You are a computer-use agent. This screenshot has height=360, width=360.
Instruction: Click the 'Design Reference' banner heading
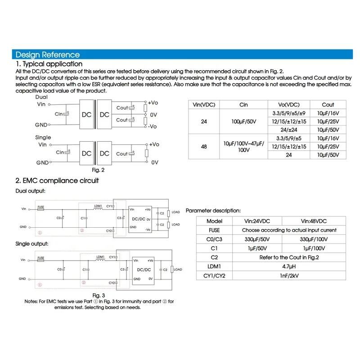48,55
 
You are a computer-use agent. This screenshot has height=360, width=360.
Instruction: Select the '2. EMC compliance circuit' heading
57,180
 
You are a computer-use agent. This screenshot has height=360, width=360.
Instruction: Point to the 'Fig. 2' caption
98,170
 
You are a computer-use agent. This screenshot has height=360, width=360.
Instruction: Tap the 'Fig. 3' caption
98,295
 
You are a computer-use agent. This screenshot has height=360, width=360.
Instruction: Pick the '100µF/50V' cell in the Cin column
243,121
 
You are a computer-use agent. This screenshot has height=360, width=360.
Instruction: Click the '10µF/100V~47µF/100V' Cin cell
243,146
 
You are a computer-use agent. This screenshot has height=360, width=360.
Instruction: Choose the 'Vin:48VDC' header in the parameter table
314,221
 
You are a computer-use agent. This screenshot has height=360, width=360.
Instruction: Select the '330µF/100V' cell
314,239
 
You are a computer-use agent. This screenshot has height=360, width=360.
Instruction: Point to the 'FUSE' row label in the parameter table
214,230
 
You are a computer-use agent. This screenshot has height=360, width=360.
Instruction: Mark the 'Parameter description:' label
213,211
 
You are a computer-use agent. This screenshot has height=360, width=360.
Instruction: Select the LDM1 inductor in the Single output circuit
101,260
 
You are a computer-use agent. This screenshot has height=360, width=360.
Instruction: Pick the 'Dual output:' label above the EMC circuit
31,191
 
